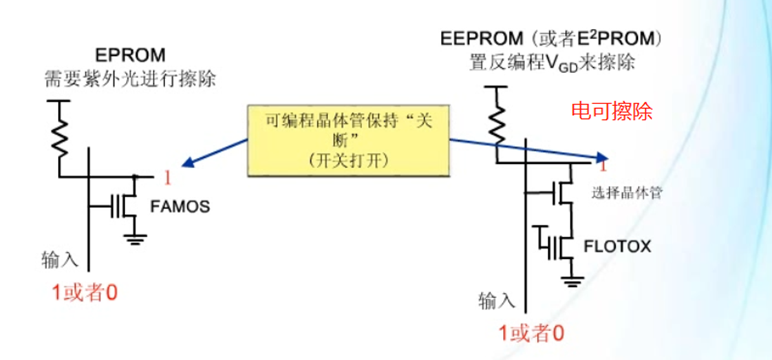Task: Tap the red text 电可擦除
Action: point(612,110)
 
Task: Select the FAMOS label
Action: point(180,206)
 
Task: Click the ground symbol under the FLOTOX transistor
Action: point(570,279)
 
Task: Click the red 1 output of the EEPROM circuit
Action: point(603,167)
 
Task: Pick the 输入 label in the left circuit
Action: point(61,260)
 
